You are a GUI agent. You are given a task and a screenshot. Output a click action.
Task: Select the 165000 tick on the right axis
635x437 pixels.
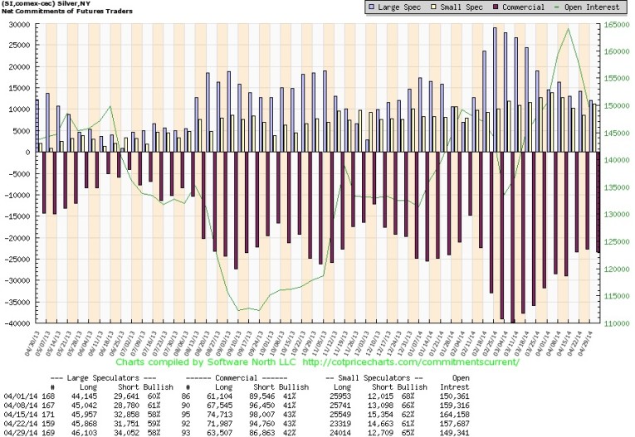click(x=615, y=24)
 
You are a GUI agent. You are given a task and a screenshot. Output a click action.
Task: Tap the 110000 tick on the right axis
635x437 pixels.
click(x=615, y=323)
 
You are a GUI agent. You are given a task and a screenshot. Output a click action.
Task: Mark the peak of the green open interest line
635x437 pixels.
click(x=568, y=29)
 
